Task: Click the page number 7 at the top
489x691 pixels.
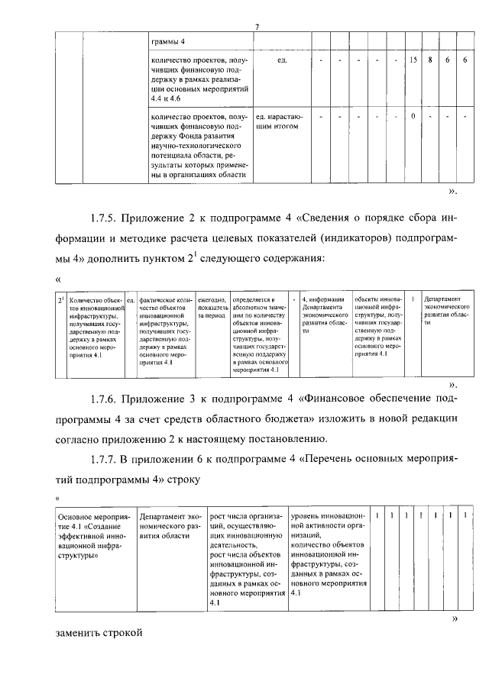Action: [x=257, y=28]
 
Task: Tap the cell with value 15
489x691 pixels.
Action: [x=413, y=60]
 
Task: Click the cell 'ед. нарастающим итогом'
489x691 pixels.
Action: [x=278, y=122]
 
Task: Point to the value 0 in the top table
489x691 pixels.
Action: [x=413, y=117]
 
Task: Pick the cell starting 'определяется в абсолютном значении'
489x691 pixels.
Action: [x=259, y=335]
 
